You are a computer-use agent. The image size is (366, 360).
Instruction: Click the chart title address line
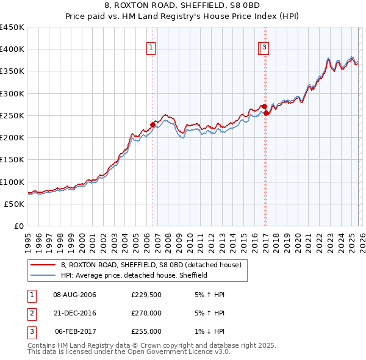182,5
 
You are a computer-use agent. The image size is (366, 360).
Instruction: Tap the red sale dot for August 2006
152,124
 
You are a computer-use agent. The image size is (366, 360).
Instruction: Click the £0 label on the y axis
20,226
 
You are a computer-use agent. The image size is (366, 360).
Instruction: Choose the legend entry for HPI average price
134,275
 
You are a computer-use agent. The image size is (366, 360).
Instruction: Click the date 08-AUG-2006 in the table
75,295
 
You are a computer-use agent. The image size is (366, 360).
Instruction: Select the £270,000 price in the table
146,313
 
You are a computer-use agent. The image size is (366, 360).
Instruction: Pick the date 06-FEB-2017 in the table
75,331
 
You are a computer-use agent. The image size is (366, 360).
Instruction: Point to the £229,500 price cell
146,295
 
